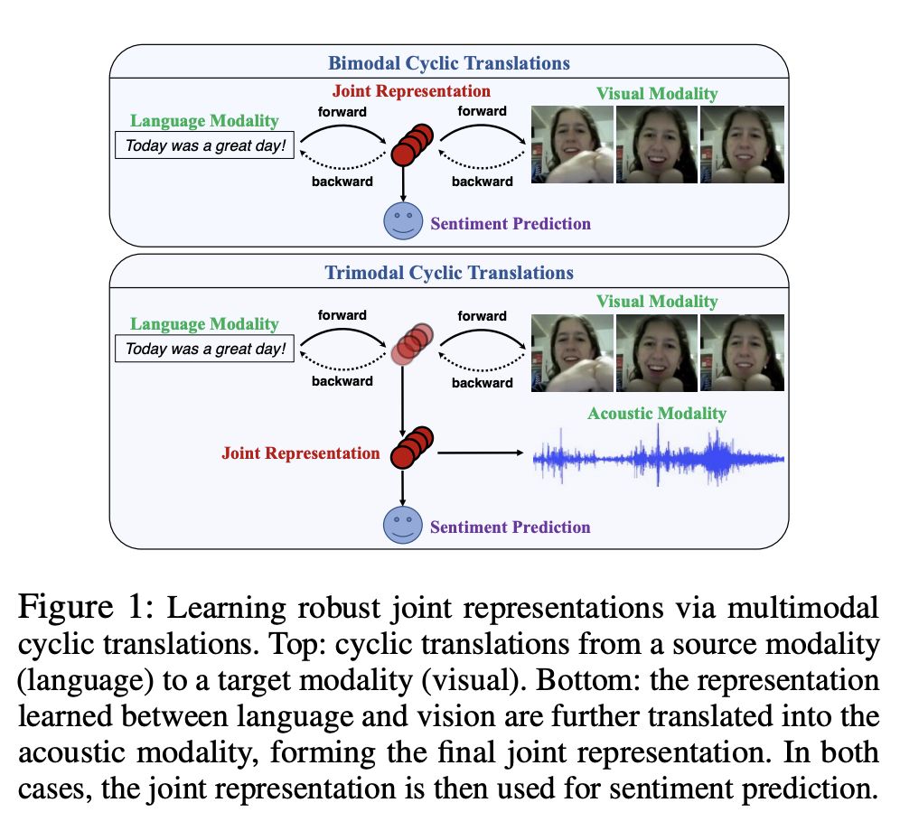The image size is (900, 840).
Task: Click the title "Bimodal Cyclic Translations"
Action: click(x=449, y=63)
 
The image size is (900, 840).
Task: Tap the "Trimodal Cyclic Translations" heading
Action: click(x=449, y=273)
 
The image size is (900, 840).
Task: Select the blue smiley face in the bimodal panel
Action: click(x=403, y=220)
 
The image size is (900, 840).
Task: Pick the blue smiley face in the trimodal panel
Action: click(x=403, y=525)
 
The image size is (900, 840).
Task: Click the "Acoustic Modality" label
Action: click(x=657, y=413)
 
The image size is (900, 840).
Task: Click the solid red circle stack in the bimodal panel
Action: click(x=412, y=145)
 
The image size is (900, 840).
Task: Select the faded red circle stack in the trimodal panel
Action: click(x=412, y=344)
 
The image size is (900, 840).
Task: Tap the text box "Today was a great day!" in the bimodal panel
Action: click(x=205, y=145)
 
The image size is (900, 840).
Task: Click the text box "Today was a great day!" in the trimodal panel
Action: click(x=205, y=349)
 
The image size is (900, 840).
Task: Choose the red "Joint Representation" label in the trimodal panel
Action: click(x=301, y=453)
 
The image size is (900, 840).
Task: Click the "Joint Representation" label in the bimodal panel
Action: click(x=411, y=90)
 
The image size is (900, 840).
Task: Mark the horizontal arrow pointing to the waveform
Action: click(x=481, y=453)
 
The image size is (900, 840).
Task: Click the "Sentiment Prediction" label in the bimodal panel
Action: click(x=511, y=224)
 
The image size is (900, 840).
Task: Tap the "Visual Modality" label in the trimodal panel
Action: click(x=657, y=302)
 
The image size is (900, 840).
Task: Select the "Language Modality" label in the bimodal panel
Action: click(x=204, y=120)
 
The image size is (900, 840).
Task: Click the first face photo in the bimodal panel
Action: click(x=572, y=145)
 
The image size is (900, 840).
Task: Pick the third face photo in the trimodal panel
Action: click(x=742, y=353)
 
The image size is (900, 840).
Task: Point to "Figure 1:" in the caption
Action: click(x=86, y=607)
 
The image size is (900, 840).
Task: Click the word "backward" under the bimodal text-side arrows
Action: click(x=342, y=182)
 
